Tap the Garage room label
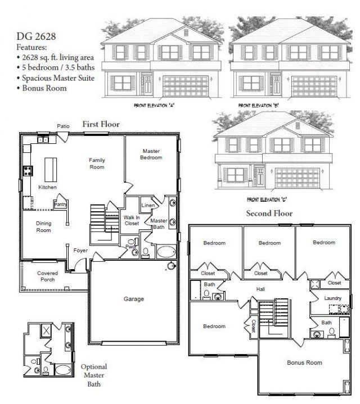[134, 299]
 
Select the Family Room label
[97, 164]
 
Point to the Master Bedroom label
[152, 155]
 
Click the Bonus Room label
[304, 363]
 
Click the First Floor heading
[101, 124]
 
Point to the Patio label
[63, 126]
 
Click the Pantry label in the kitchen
[60, 205]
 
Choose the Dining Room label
[44, 226]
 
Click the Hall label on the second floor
[260, 289]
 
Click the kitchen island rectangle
[51, 167]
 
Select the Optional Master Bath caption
[93, 375]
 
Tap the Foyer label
[80, 250]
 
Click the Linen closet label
[148, 205]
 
